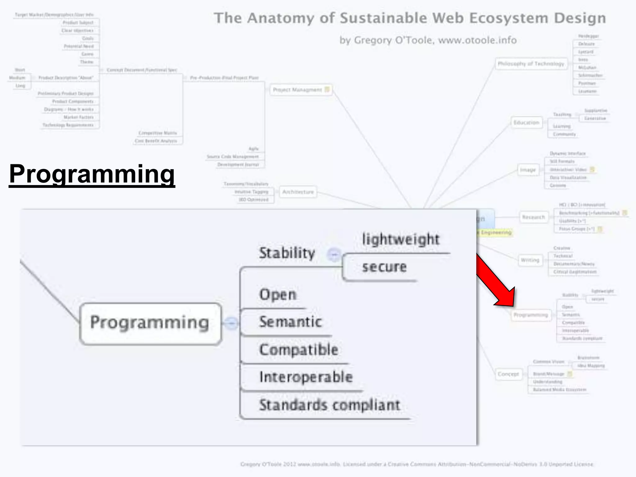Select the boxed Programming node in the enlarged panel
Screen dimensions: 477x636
[150, 323]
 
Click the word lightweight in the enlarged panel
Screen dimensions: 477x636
[401, 239]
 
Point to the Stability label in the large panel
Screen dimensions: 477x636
[287, 253]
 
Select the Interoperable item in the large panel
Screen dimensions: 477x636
[306, 377]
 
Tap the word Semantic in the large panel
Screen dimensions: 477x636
[290, 322]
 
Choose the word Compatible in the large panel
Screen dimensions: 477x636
[298, 350]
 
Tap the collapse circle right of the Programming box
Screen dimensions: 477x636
[231, 323]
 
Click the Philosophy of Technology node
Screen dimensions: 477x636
[531, 64]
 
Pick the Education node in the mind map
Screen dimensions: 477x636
[526, 123]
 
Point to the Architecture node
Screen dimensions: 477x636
[298, 192]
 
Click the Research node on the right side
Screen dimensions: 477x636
[534, 217]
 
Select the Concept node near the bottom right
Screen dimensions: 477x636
[508, 374]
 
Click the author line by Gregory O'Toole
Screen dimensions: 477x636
[428, 40]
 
